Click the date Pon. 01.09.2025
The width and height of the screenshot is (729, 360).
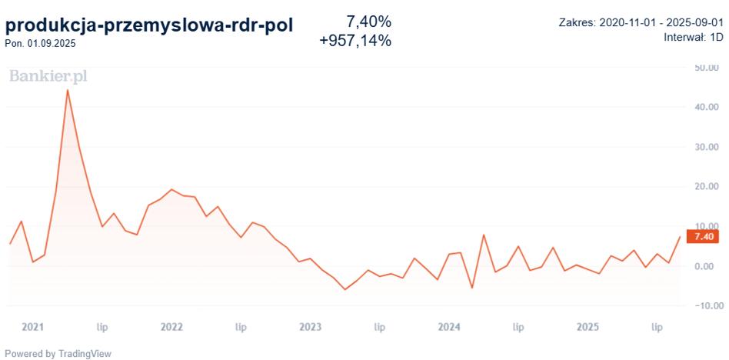(x=40, y=43)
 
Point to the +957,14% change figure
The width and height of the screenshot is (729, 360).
(x=355, y=41)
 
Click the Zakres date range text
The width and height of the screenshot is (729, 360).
(x=641, y=22)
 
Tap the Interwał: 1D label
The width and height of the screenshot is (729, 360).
(x=691, y=37)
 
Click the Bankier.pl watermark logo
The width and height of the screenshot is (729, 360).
(x=48, y=76)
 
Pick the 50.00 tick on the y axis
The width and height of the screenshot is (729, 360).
(x=705, y=68)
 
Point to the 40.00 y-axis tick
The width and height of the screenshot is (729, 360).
(x=705, y=108)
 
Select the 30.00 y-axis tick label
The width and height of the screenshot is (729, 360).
(x=705, y=147)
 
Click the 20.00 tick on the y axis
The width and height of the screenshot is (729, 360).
(x=705, y=187)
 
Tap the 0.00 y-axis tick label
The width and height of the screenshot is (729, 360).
(x=707, y=266)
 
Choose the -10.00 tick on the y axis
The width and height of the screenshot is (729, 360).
(x=704, y=305)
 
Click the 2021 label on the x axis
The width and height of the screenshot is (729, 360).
(x=33, y=327)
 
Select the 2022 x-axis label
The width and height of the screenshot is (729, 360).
(x=171, y=327)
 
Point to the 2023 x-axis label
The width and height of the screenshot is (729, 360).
(x=310, y=327)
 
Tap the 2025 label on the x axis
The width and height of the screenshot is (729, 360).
(x=588, y=327)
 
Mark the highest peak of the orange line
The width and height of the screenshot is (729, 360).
(x=68, y=90)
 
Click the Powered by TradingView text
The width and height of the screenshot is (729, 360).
(x=58, y=354)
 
